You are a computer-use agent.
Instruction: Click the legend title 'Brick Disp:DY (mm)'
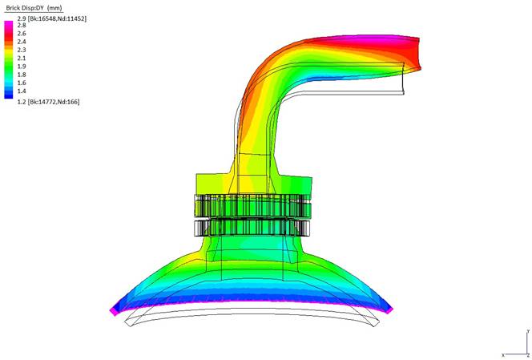coord(34,8)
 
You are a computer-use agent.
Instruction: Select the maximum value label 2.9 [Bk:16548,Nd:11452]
coord(52,18)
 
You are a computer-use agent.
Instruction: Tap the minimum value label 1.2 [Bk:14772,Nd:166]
coord(49,102)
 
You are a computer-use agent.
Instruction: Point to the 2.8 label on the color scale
coord(22,25)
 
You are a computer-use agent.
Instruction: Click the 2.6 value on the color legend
coord(22,34)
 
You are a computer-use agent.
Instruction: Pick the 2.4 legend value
coord(22,42)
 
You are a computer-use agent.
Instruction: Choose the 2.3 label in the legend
coord(22,50)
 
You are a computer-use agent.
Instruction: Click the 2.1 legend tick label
coord(22,58)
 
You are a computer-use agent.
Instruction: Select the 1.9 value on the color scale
coord(22,67)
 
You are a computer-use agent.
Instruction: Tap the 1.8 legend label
coord(22,75)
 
